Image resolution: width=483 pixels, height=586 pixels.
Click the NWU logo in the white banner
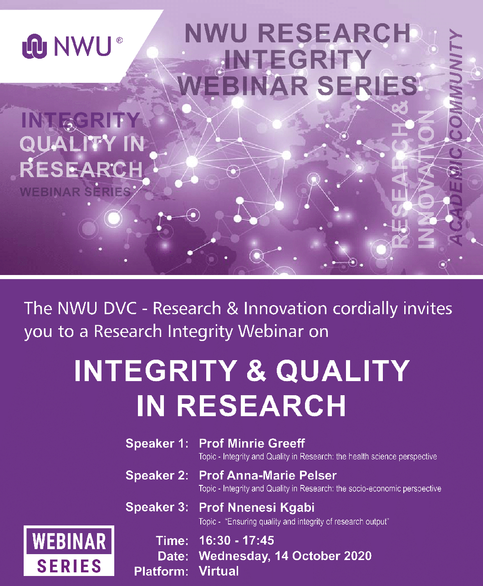tap(67, 46)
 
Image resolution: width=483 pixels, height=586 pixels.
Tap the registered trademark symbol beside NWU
tap(119, 41)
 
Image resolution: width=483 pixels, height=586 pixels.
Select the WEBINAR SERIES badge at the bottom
tap(69, 550)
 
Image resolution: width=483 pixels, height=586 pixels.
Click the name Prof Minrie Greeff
tap(252, 443)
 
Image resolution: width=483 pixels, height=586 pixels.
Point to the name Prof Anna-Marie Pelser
tap(268, 475)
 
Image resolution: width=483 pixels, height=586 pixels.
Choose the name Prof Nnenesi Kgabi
tap(256, 507)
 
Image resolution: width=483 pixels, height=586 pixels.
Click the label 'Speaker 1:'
tap(157, 443)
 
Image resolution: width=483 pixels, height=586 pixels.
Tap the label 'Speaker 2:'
tap(157, 475)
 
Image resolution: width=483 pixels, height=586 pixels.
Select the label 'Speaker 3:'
tap(157, 507)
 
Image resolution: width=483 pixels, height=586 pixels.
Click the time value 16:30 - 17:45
tap(236, 540)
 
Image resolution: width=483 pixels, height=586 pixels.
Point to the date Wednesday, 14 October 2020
tap(285, 556)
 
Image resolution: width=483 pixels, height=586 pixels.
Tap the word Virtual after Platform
tap(219, 571)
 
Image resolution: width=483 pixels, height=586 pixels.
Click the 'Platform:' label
tap(161, 571)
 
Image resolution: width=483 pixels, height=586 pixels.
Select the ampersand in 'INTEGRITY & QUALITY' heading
tap(256, 371)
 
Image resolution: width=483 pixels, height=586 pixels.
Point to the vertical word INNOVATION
tap(426, 179)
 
